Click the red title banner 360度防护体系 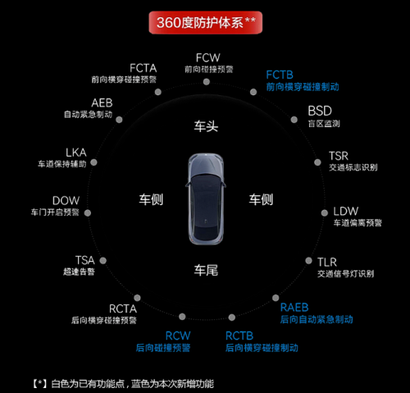206,22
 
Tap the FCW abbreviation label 208,58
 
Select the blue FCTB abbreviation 280,75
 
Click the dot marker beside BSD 294,120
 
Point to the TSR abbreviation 339,156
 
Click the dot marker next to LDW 325,213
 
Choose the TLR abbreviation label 327,263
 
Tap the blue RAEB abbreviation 294,308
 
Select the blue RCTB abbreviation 239,336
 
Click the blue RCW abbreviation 178,336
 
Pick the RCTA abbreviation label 123,309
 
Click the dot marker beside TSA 103,261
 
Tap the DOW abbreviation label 66,201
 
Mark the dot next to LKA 93,162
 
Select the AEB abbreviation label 102,103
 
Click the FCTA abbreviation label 143,68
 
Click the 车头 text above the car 206,126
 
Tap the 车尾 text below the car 206,270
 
